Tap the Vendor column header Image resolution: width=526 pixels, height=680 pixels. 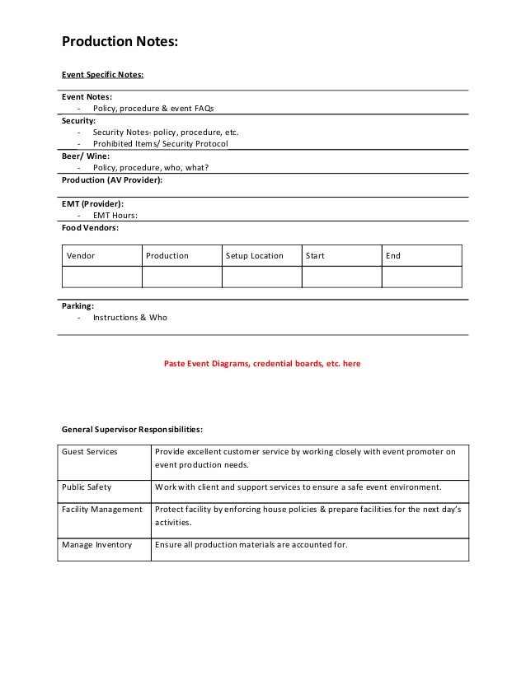tap(81, 256)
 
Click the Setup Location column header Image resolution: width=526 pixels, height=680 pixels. tap(255, 256)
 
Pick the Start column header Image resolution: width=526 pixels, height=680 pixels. tap(315, 256)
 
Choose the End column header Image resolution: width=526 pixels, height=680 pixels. tap(393, 256)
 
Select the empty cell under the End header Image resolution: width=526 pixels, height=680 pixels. tap(421, 277)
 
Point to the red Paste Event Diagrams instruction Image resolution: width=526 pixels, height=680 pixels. tap(262, 363)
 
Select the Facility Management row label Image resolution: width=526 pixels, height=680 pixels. tap(102, 510)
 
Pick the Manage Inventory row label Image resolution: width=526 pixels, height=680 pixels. tap(96, 544)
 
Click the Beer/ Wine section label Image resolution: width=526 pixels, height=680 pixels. tap(86, 156)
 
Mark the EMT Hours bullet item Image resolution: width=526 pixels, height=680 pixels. tap(115, 215)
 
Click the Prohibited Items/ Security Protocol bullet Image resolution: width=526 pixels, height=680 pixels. tap(160, 143)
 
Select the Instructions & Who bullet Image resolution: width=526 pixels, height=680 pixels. tap(129, 317)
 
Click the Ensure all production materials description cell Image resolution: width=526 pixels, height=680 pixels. tap(251, 544)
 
